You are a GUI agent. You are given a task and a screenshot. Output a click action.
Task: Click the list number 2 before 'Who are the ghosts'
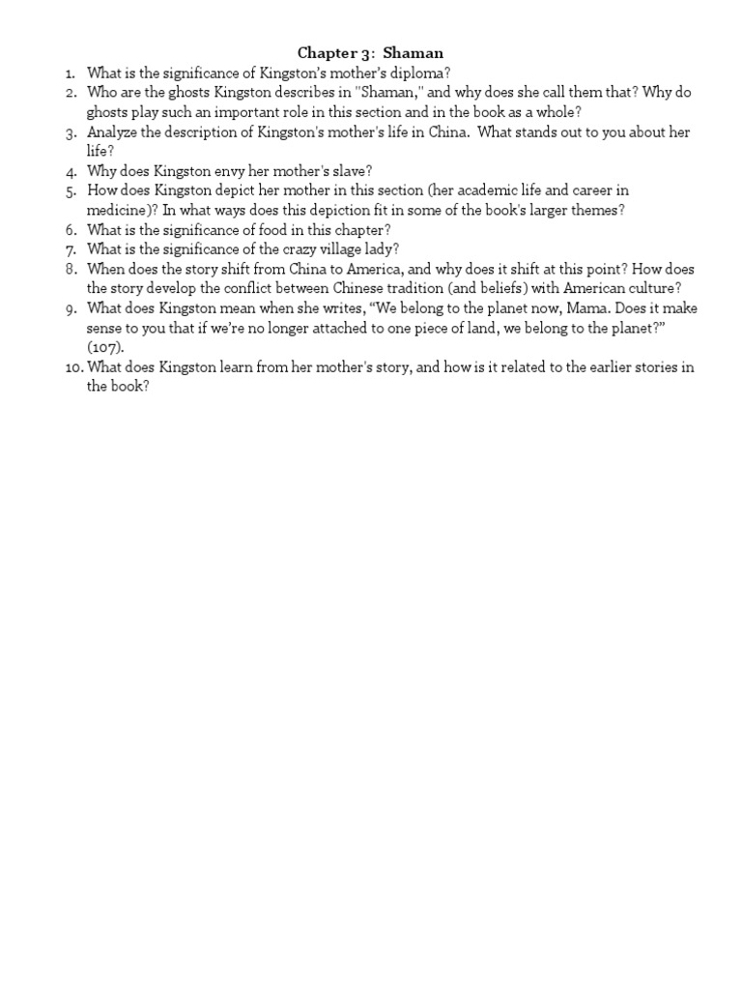tap(71, 93)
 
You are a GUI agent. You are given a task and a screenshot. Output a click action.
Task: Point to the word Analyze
tap(113, 132)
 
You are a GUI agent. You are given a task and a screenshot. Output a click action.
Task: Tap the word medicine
tap(119, 211)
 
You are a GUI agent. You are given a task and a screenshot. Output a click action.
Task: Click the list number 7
tap(71, 249)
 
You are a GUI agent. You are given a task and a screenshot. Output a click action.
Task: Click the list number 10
tap(73, 367)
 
